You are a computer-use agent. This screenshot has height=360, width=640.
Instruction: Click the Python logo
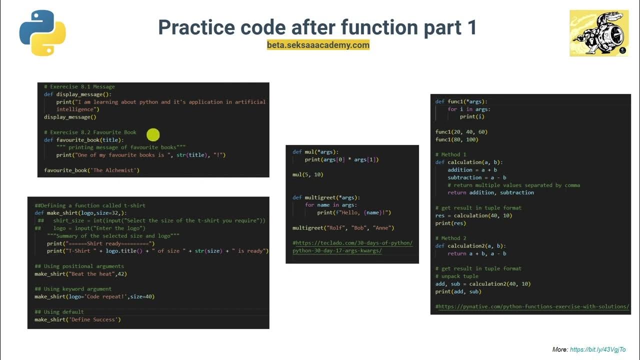(x=42, y=33)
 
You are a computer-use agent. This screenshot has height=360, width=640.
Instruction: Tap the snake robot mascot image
(x=599, y=33)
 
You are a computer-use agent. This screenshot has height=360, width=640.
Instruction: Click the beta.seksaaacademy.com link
(x=318, y=45)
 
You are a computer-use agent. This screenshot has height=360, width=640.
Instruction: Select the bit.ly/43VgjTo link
(x=597, y=349)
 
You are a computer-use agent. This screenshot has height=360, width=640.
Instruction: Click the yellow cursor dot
(x=153, y=135)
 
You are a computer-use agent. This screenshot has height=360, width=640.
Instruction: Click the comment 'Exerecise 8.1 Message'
(x=79, y=86)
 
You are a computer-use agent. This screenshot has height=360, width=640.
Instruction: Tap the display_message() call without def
(x=70, y=117)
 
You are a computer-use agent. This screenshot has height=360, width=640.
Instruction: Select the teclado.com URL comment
(x=352, y=247)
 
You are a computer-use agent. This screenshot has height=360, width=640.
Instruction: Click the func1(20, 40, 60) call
(x=461, y=132)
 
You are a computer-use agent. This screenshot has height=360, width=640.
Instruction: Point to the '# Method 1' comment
(x=450, y=154)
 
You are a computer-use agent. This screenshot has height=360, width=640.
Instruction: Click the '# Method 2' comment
(x=450, y=238)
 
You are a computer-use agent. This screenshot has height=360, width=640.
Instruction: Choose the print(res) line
(x=450, y=223)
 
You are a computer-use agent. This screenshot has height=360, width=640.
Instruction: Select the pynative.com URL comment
(x=532, y=306)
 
